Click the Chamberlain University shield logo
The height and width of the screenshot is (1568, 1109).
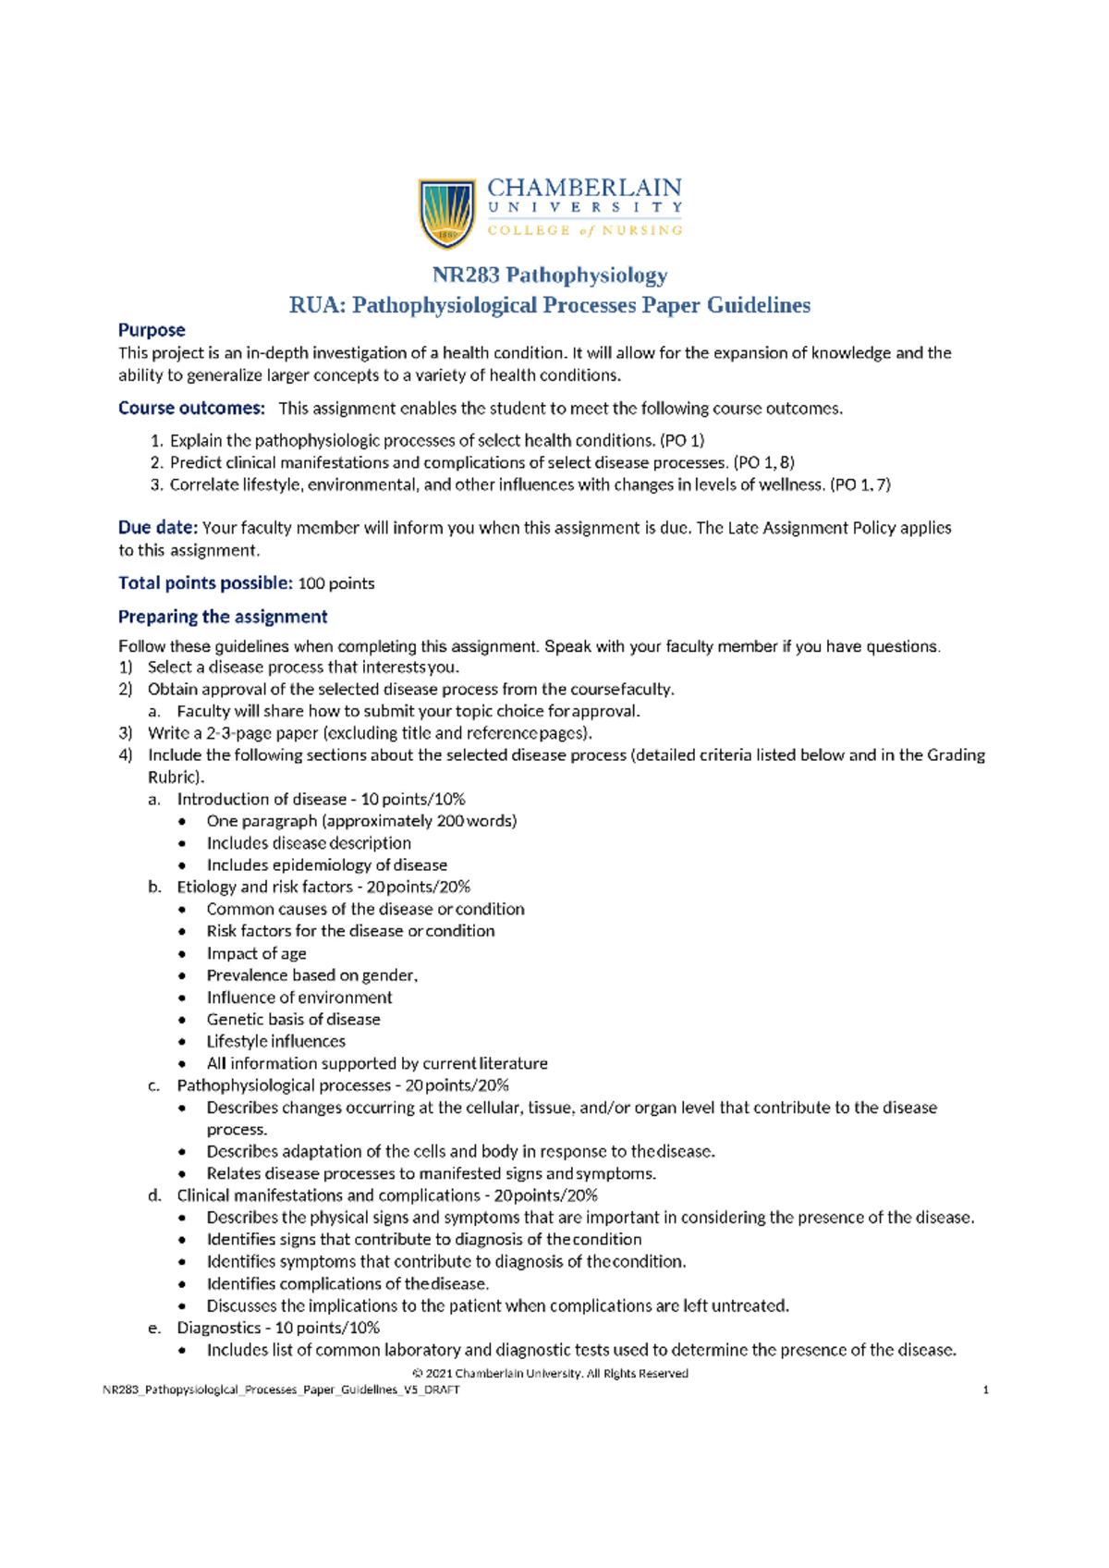point(447,214)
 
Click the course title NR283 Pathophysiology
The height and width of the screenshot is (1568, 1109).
point(550,275)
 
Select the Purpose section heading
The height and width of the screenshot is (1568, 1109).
point(152,330)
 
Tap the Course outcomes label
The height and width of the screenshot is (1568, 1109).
point(191,408)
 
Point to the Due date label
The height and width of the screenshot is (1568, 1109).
point(157,528)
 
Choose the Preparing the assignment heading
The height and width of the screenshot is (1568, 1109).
point(223,617)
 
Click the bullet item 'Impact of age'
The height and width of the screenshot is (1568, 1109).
point(256,953)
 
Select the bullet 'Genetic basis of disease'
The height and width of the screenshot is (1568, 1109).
point(293,1019)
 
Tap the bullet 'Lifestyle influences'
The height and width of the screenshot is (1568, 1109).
point(275,1041)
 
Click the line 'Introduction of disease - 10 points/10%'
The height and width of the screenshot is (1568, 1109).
point(321,799)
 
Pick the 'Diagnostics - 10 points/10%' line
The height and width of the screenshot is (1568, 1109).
point(278,1328)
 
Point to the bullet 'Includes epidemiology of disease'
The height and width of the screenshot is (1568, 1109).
point(326,864)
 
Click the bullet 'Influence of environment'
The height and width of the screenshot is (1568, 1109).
point(299,997)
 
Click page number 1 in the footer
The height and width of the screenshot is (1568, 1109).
point(986,1390)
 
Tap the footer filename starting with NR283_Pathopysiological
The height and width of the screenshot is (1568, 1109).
point(281,1390)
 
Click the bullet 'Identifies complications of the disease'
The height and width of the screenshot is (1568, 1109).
point(347,1283)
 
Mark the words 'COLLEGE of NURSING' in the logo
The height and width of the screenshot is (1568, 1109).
point(585,230)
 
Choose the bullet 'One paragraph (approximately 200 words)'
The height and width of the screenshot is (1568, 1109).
point(361,821)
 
